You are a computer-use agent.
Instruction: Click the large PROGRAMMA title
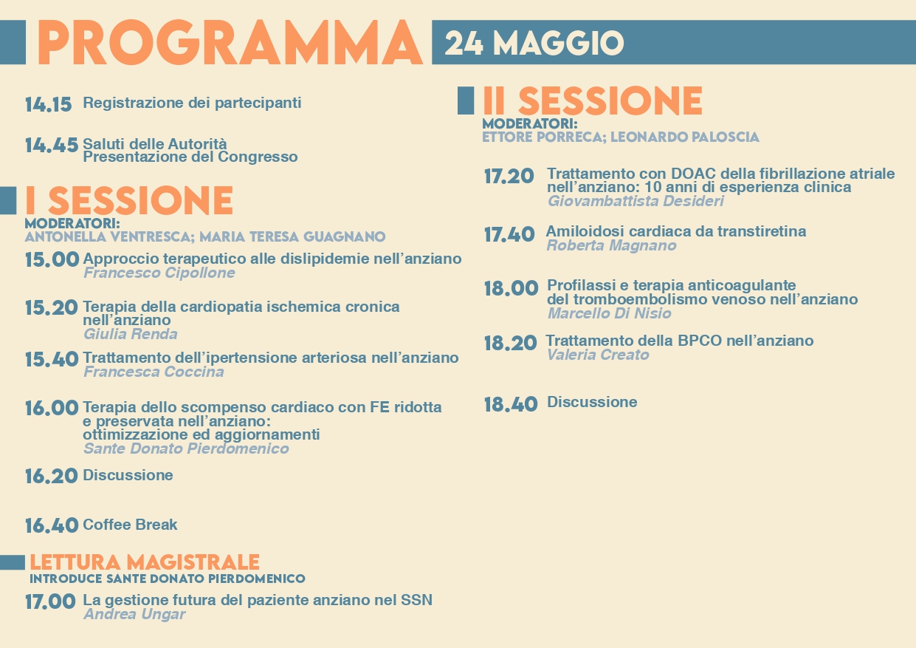click(x=230, y=42)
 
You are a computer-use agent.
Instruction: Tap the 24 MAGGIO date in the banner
click(x=534, y=43)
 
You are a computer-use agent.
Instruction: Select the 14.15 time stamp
click(x=48, y=104)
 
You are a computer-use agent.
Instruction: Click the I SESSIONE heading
click(x=129, y=200)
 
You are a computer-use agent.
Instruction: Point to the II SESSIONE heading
click(x=592, y=100)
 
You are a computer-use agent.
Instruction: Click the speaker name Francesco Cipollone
click(x=159, y=273)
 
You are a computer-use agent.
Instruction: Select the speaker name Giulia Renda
click(x=131, y=335)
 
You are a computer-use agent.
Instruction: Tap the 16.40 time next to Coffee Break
click(x=52, y=525)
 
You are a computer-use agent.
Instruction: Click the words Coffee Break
click(x=130, y=525)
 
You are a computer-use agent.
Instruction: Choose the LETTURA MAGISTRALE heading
click(x=145, y=562)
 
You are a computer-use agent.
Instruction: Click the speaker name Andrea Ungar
click(x=134, y=615)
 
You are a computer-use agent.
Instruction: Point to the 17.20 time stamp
click(x=509, y=176)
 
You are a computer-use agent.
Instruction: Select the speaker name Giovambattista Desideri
click(x=636, y=201)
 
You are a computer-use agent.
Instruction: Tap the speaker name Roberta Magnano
click(x=611, y=245)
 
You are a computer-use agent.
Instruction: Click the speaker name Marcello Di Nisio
click(x=609, y=313)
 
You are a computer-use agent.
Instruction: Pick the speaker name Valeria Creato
click(x=598, y=355)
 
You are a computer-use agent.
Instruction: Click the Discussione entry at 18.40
click(x=592, y=402)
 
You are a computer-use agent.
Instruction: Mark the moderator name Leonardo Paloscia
click(x=685, y=137)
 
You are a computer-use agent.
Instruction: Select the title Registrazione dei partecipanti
click(x=192, y=103)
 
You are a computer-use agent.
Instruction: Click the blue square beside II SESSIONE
click(x=466, y=100)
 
